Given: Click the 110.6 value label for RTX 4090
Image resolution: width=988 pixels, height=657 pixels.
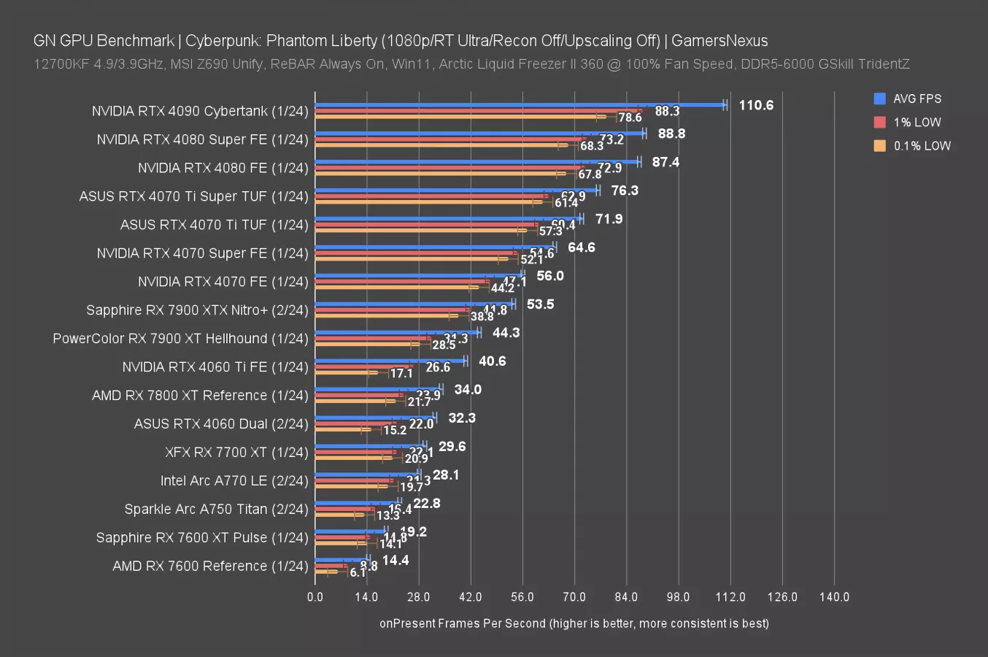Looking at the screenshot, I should [x=755, y=105].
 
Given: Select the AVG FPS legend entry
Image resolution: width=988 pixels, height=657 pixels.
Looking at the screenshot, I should [x=916, y=99].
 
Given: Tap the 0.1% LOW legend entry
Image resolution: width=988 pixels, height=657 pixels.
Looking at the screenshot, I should [x=922, y=146].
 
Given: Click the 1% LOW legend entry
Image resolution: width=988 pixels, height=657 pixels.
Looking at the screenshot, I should [x=916, y=123].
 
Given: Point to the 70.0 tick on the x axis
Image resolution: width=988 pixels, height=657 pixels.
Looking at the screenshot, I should [x=574, y=596].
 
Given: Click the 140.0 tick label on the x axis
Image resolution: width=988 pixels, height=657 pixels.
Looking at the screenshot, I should [x=834, y=596].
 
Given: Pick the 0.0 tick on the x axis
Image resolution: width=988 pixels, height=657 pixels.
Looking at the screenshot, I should [x=315, y=596].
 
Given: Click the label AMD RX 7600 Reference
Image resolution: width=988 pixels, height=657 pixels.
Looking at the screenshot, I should [x=210, y=566].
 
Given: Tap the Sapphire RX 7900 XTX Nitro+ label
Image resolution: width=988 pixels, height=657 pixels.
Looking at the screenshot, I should [x=197, y=310].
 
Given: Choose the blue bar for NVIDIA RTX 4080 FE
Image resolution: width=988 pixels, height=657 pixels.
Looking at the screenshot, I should [x=474, y=162].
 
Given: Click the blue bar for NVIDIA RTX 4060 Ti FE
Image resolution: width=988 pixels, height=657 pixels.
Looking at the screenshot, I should [x=390, y=361].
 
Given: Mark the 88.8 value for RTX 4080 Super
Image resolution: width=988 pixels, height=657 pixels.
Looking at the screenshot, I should [x=671, y=134].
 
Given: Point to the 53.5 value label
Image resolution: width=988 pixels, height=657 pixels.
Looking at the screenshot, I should [x=540, y=304].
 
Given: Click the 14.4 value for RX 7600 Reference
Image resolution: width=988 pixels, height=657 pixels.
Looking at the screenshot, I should [x=395, y=561].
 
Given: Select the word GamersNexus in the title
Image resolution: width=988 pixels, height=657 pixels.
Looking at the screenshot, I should [x=719, y=41].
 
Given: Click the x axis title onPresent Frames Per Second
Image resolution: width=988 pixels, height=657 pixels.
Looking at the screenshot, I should [x=574, y=623].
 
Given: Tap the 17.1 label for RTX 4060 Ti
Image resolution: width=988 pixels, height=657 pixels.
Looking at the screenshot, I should [x=401, y=373].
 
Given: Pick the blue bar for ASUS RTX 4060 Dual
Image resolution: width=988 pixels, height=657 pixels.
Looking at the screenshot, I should [x=374, y=418].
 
